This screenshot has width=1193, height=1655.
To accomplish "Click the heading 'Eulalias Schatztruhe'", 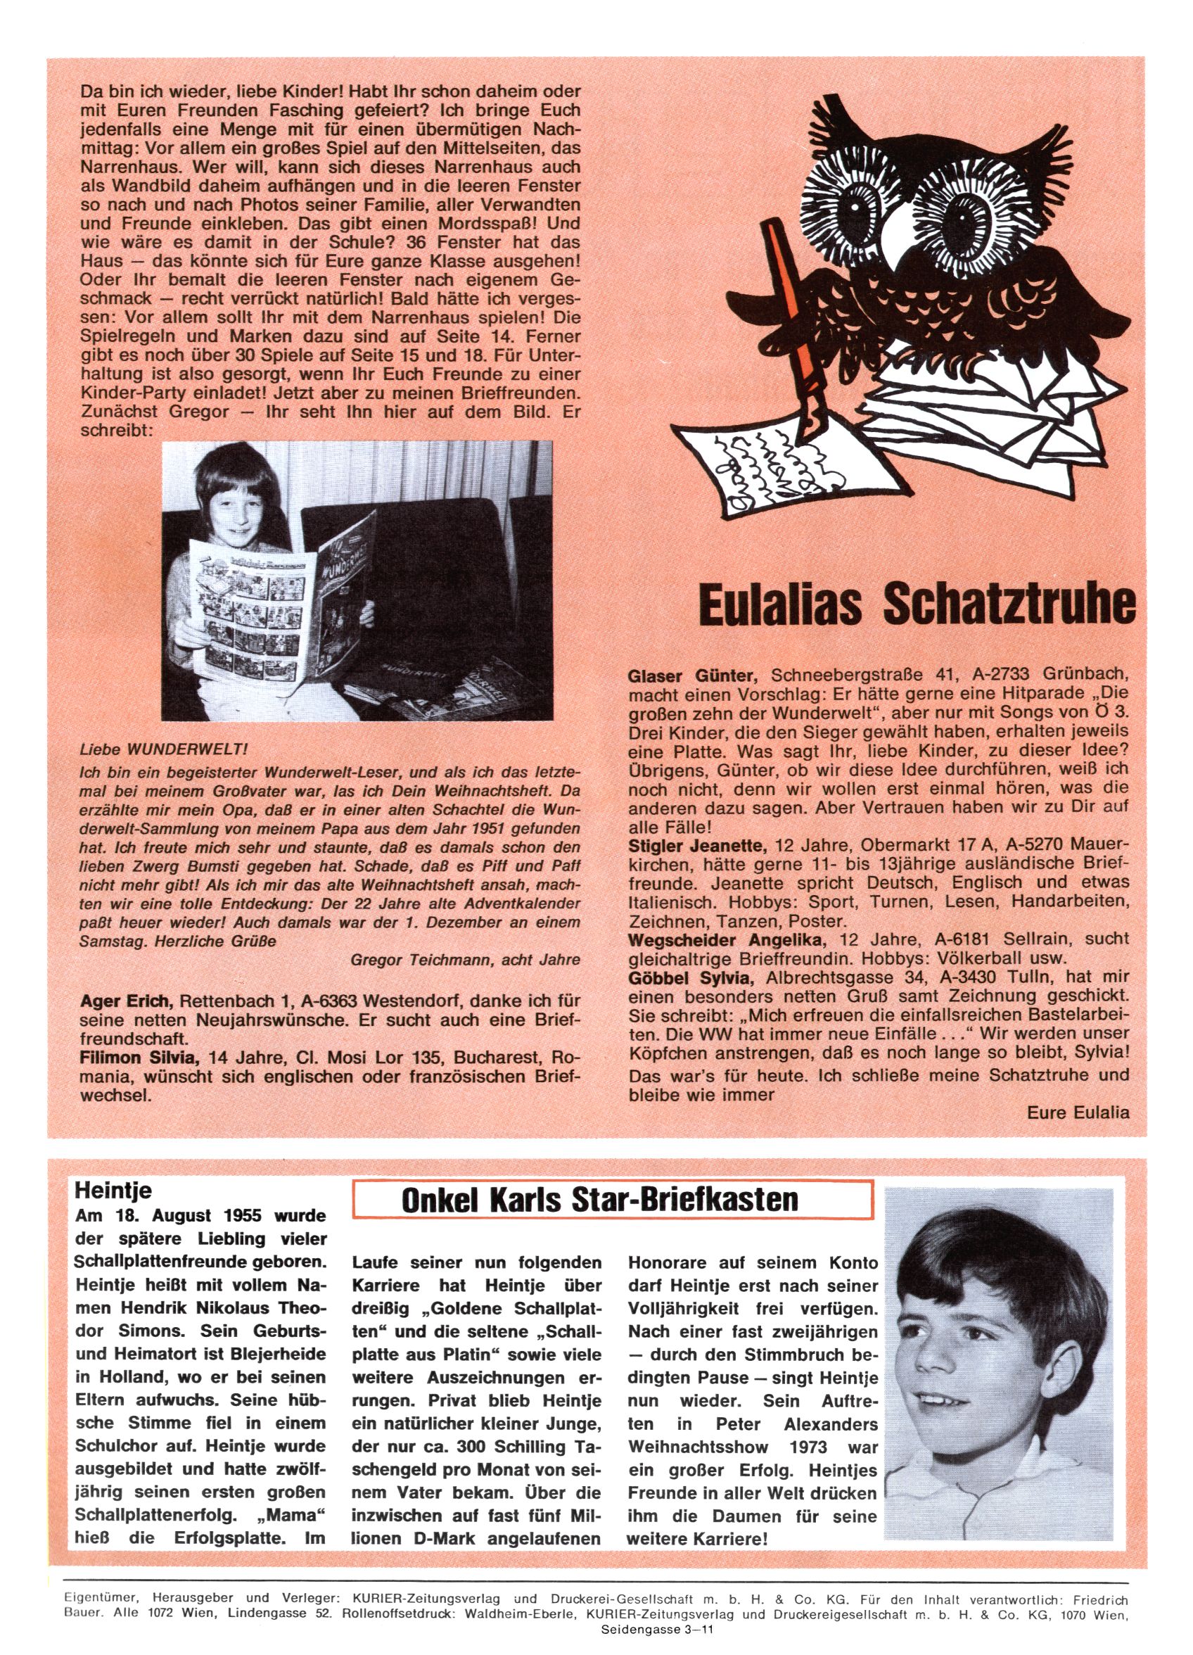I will [x=917, y=604].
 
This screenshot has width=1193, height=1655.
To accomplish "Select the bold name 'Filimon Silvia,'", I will [x=139, y=1058].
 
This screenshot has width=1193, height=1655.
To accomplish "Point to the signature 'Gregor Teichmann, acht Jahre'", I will [x=465, y=960].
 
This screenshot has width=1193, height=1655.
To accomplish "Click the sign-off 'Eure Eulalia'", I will [x=1077, y=1112].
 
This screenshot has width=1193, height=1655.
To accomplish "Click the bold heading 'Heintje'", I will [x=113, y=1191].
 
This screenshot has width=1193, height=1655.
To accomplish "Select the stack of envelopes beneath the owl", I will [x=985, y=416].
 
